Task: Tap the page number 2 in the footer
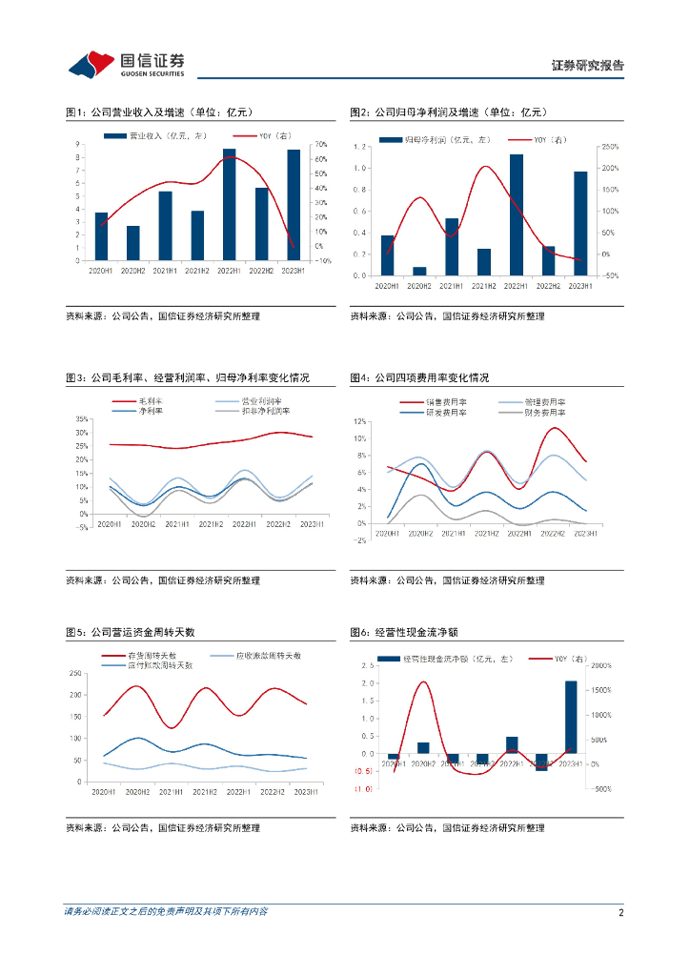(x=620, y=912)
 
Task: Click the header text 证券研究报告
(x=588, y=66)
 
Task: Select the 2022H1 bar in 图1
(x=230, y=204)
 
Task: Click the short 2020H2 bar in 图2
(x=419, y=271)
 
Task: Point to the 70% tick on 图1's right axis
(x=321, y=145)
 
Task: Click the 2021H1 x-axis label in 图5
(x=172, y=792)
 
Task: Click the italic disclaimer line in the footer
(x=166, y=912)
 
